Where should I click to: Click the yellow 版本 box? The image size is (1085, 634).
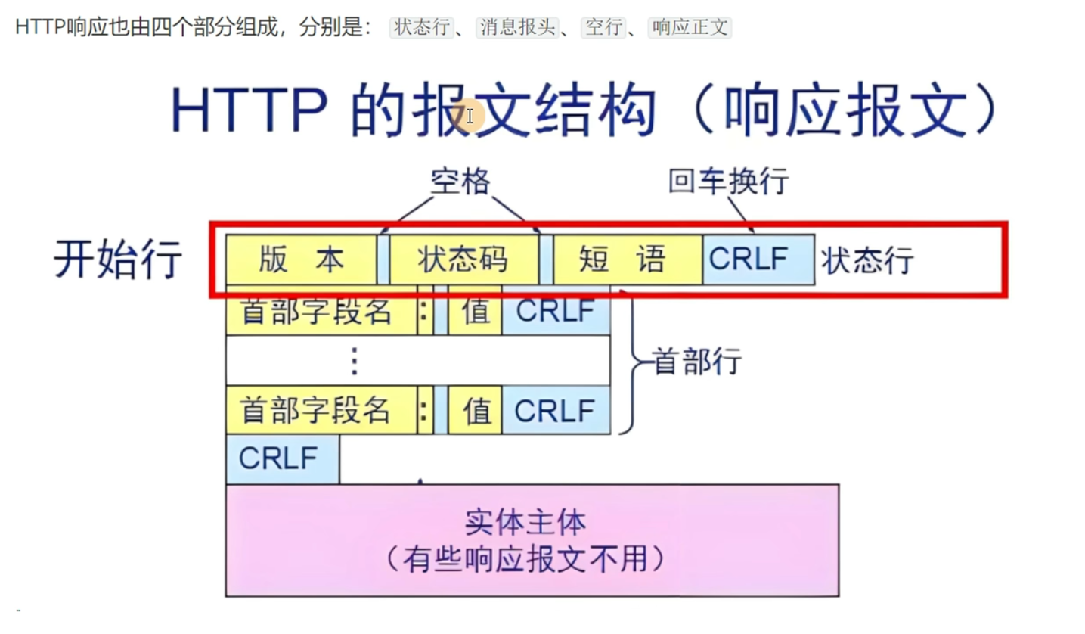point(301,260)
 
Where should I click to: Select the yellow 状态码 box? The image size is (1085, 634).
point(463,260)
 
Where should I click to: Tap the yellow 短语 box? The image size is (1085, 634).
point(627,260)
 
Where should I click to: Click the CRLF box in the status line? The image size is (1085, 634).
point(758,260)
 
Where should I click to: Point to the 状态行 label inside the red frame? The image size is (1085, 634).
point(868,261)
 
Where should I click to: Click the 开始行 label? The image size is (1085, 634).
point(118,260)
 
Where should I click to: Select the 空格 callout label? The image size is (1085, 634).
point(460,182)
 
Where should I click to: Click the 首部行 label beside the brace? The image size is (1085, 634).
point(697,362)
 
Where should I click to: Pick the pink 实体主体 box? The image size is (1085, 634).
point(532,540)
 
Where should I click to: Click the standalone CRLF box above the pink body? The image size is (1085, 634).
point(282,458)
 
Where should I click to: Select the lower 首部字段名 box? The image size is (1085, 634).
point(321,410)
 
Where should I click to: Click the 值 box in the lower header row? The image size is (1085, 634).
point(475,410)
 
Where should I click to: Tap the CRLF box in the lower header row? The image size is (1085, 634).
point(556,410)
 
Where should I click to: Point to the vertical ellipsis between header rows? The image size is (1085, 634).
point(353,362)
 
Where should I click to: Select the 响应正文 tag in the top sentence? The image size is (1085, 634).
point(690,28)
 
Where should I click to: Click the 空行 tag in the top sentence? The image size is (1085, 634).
point(604,28)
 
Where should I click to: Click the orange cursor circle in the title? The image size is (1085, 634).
point(470,117)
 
